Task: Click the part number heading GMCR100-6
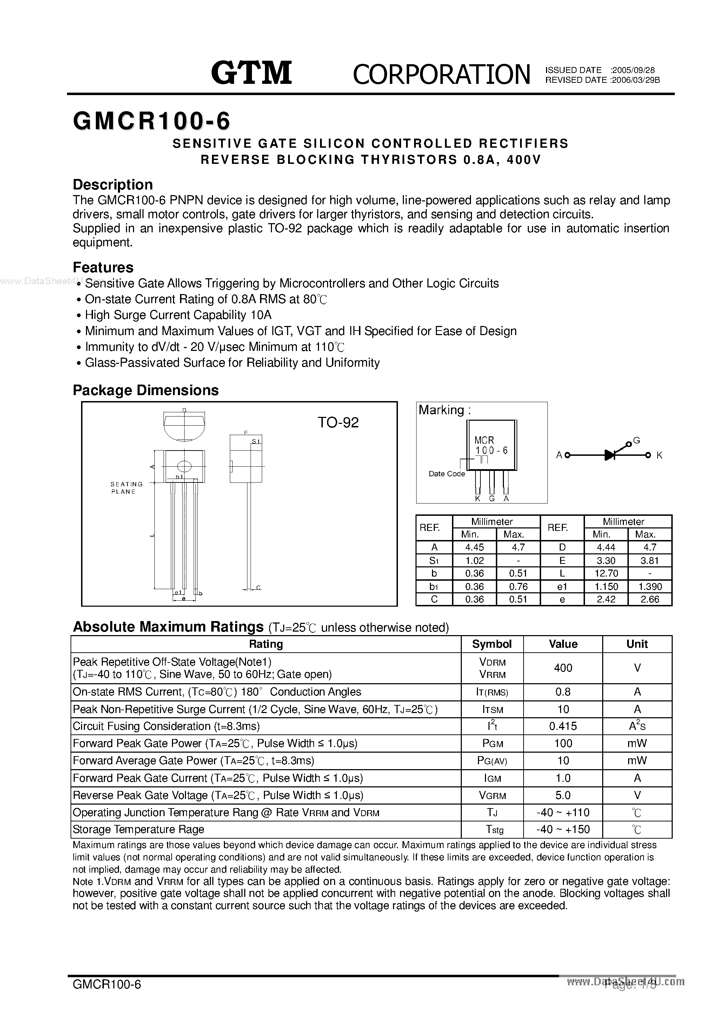(x=152, y=121)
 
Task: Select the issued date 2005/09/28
(x=633, y=70)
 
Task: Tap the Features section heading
(x=103, y=267)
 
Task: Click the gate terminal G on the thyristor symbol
(x=637, y=441)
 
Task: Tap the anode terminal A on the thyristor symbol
(x=559, y=455)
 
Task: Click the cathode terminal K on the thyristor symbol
(x=659, y=455)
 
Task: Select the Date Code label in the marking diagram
(x=446, y=474)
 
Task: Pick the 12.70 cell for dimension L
(x=606, y=573)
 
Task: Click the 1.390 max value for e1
(x=650, y=586)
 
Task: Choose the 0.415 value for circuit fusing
(x=563, y=726)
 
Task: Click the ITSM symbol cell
(x=492, y=709)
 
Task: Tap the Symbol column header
(x=492, y=644)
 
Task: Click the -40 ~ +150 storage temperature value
(x=563, y=830)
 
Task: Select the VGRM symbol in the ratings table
(x=492, y=795)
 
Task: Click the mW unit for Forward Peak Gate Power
(x=637, y=743)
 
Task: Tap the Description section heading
(x=113, y=185)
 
